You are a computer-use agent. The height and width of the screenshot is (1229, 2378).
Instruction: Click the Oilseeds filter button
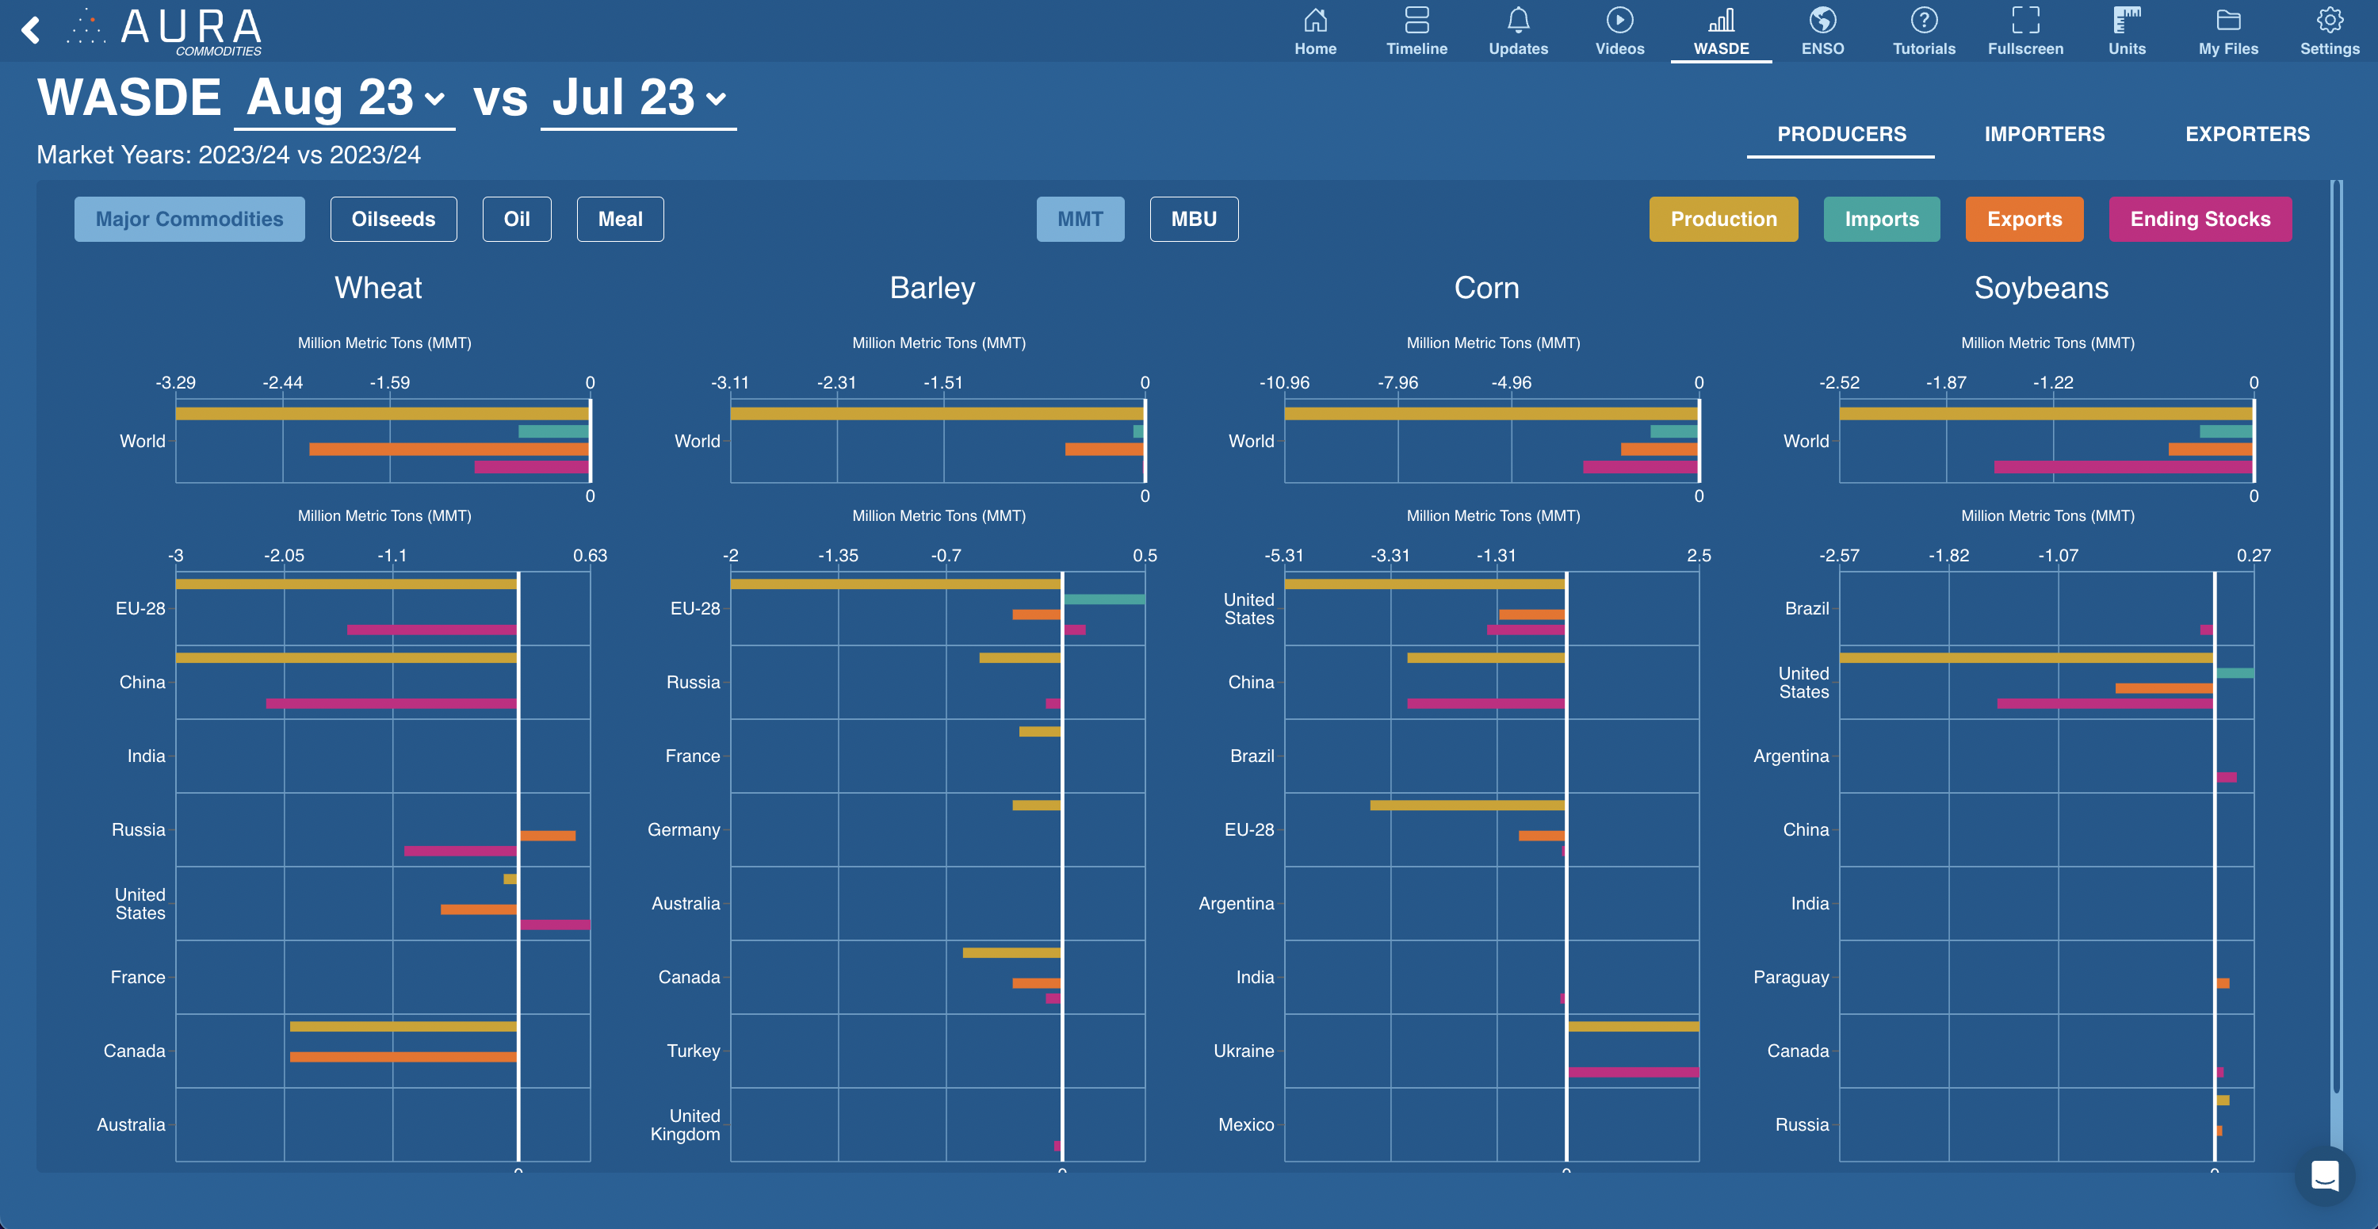click(393, 219)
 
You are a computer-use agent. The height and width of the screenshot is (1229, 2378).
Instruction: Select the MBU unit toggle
click(1193, 219)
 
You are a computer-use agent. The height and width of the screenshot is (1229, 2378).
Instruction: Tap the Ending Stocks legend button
click(2199, 219)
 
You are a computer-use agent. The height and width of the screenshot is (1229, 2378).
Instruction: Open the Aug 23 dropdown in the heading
click(344, 98)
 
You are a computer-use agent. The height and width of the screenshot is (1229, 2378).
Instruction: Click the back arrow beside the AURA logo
click(30, 30)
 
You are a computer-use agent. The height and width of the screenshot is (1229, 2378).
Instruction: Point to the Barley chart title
click(931, 288)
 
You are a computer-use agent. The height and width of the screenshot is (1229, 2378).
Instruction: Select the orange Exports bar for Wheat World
click(449, 450)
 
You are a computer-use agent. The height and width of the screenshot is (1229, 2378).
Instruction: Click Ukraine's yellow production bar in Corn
click(1633, 1026)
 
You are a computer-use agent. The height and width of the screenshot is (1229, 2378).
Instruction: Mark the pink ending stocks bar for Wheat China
click(392, 703)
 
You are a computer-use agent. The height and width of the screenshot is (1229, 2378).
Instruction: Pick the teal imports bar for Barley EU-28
click(1104, 599)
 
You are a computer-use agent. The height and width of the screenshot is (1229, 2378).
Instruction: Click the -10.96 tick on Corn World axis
click(1284, 382)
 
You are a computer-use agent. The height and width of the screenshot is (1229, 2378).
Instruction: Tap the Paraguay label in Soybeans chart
click(1790, 977)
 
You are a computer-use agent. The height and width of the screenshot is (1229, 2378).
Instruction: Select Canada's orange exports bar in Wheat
click(403, 1056)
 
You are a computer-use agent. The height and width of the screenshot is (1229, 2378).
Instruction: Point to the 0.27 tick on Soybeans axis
click(2253, 555)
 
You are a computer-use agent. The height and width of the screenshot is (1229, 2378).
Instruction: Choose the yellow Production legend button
click(1722, 219)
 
